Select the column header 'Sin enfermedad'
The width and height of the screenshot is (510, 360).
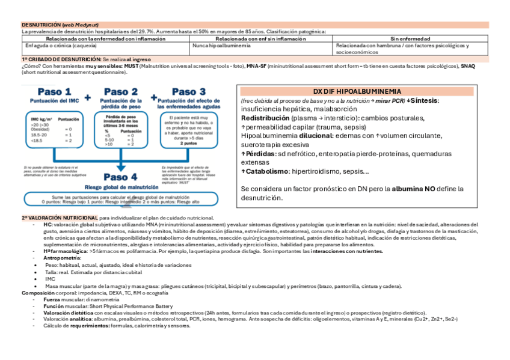[410, 38]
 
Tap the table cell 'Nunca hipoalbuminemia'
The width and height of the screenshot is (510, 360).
[214, 45]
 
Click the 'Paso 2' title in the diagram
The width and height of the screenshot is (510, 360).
[120, 92]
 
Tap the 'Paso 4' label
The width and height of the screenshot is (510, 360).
[120, 177]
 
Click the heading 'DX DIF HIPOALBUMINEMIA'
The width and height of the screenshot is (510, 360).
[356, 91]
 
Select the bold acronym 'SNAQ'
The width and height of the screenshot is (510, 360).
[467, 66]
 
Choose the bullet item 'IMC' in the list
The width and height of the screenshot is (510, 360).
[50, 279]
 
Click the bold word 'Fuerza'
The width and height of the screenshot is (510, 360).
[52, 299]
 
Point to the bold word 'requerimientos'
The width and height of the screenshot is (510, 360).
[90, 325]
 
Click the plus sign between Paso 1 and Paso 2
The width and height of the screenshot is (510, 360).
[88, 97]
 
